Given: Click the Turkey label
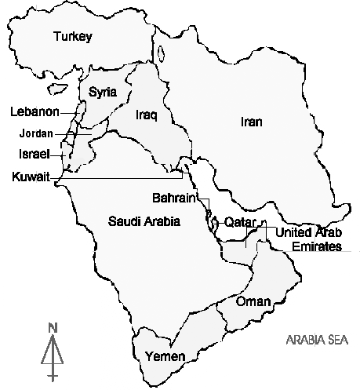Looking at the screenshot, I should click(73, 36).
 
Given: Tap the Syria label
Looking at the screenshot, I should click(103, 92).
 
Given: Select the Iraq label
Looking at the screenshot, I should click(147, 115).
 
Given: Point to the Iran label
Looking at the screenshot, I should click(251, 122).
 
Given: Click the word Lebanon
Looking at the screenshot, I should click(35, 112).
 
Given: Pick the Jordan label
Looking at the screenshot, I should click(36, 133).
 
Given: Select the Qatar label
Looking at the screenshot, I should click(241, 222).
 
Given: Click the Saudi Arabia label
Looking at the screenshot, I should click(144, 222).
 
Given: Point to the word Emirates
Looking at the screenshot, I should click(317, 246).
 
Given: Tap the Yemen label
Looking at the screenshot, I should click(165, 357).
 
